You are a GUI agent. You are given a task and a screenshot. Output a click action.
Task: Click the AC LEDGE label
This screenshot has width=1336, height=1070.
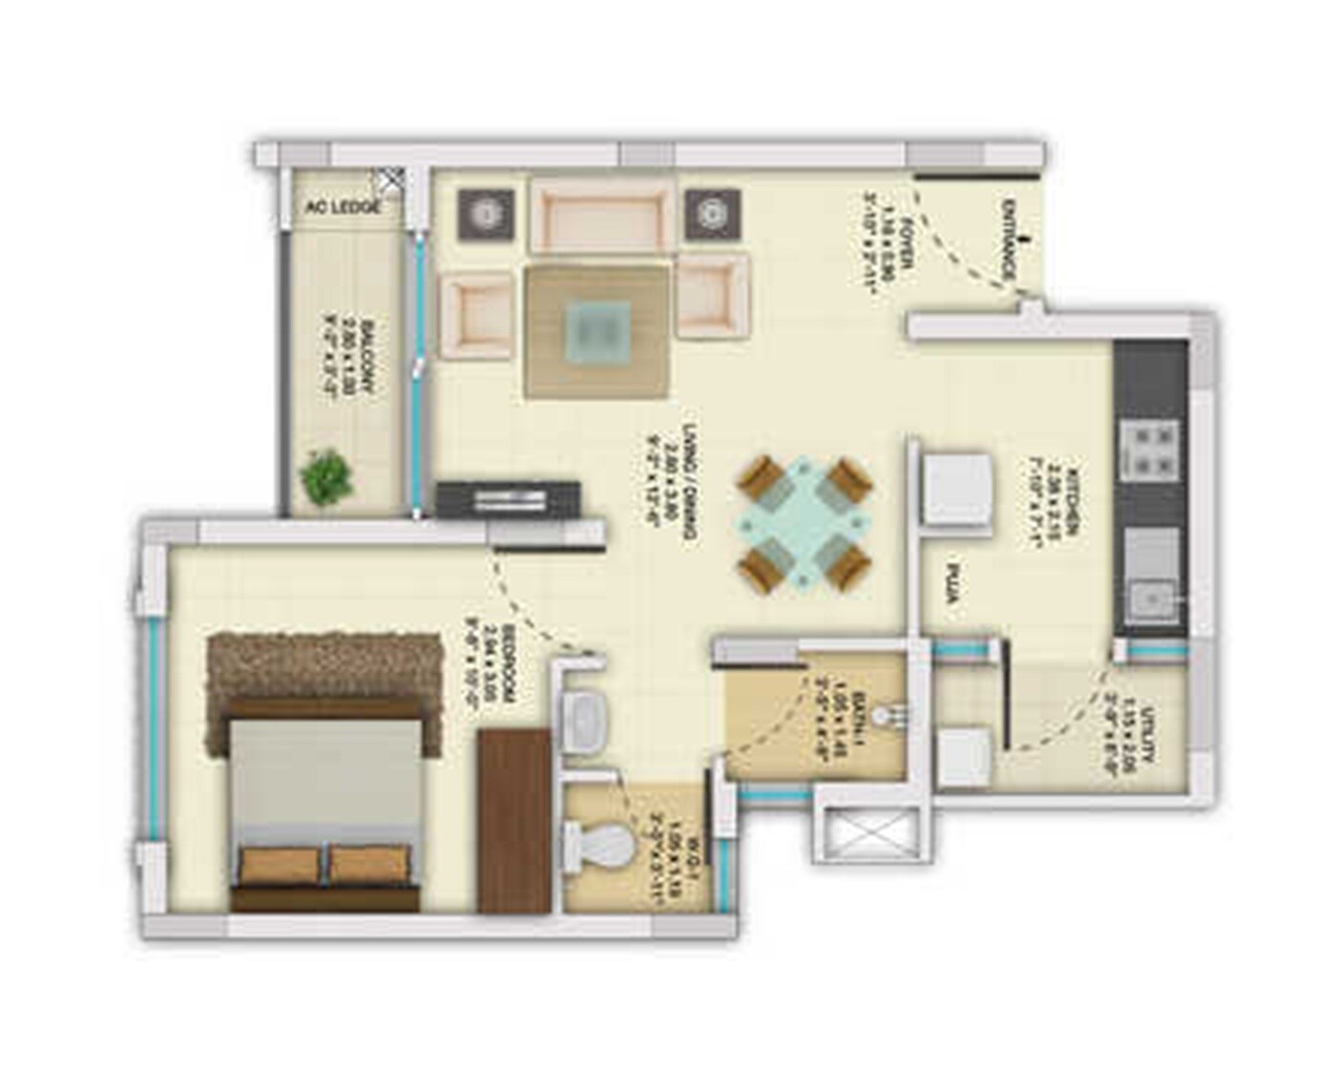click(343, 207)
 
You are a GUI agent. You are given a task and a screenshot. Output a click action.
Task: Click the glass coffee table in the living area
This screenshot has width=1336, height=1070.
click(597, 331)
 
